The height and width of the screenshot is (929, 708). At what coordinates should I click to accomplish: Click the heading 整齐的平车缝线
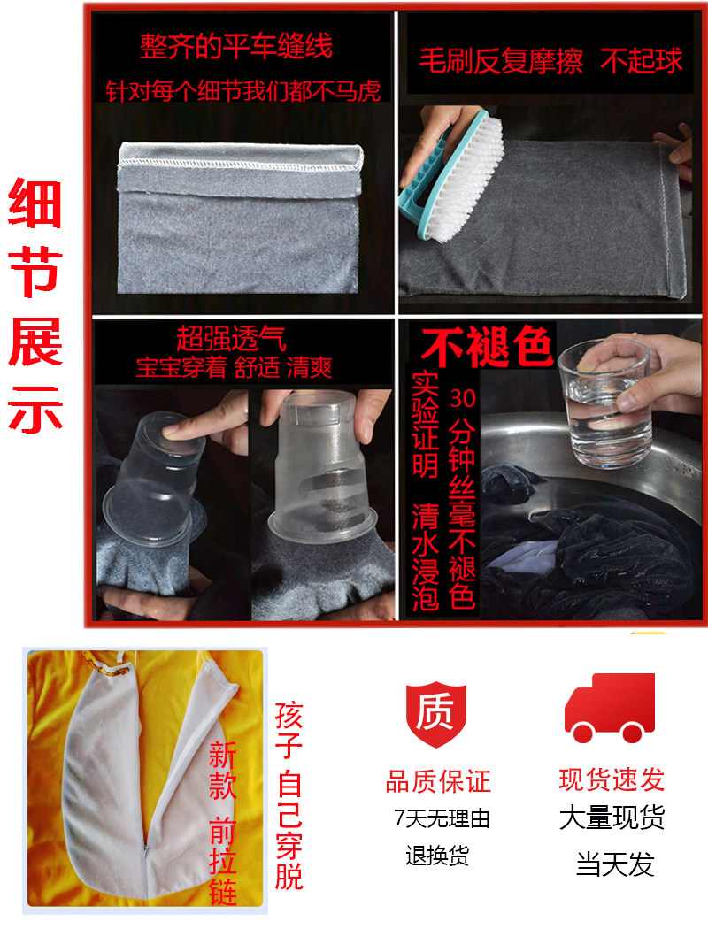(235, 46)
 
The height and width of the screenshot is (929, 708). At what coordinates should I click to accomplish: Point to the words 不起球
(642, 60)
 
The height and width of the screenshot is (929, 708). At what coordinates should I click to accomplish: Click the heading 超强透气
(232, 338)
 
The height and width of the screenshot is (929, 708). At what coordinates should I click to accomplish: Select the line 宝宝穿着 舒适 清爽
(234, 368)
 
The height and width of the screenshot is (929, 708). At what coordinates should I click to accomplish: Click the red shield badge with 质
(435, 713)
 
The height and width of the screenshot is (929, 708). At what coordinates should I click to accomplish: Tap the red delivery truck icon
(610, 708)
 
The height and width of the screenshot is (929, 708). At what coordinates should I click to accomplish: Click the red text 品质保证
(438, 781)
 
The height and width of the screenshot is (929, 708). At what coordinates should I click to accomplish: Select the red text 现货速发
(612, 779)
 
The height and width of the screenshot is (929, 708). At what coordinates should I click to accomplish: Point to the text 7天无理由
(442, 818)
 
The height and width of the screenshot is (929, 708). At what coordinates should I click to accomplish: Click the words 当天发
(615, 864)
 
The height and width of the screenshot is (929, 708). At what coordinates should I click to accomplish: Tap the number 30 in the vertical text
(462, 398)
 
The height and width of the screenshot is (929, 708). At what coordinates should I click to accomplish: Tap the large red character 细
(35, 203)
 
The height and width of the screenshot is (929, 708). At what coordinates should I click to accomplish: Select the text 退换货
(437, 856)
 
